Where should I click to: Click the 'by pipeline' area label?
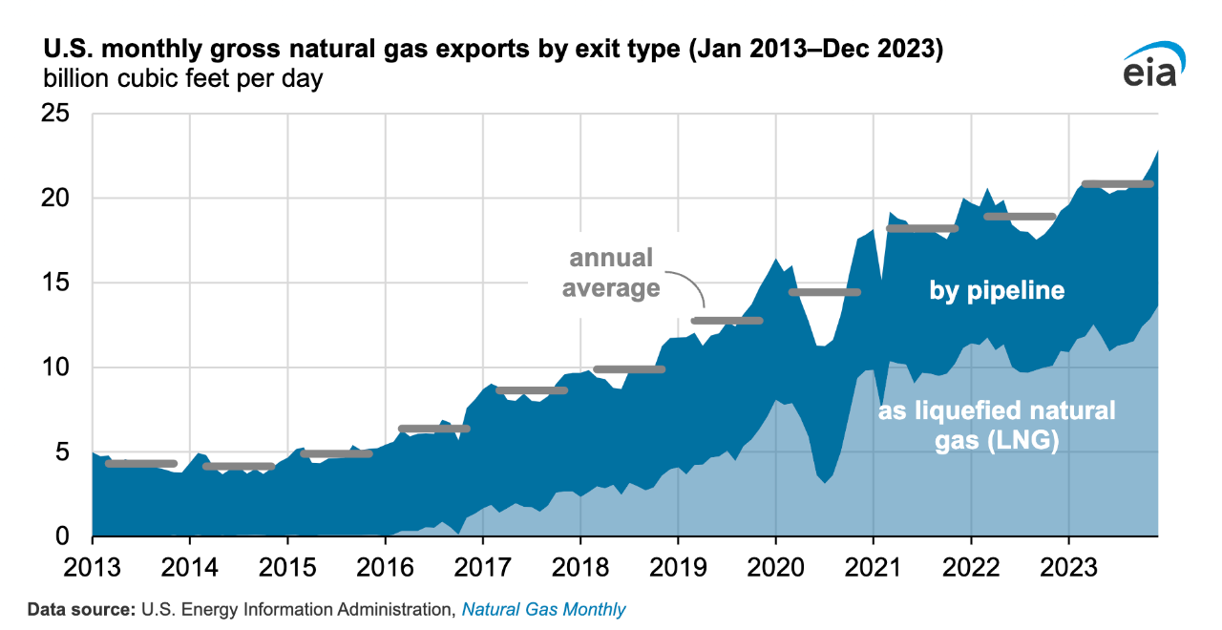tap(997, 290)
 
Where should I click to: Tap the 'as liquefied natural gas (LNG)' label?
tap(997, 427)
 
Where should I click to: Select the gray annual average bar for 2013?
tap(141, 464)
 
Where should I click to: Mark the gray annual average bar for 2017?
tap(532, 390)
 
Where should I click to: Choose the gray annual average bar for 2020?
tap(825, 292)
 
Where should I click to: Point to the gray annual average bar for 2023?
tap(1117, 184)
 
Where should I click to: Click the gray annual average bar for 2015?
tap(336, 453)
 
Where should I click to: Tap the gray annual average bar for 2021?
tap(922, 228)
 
